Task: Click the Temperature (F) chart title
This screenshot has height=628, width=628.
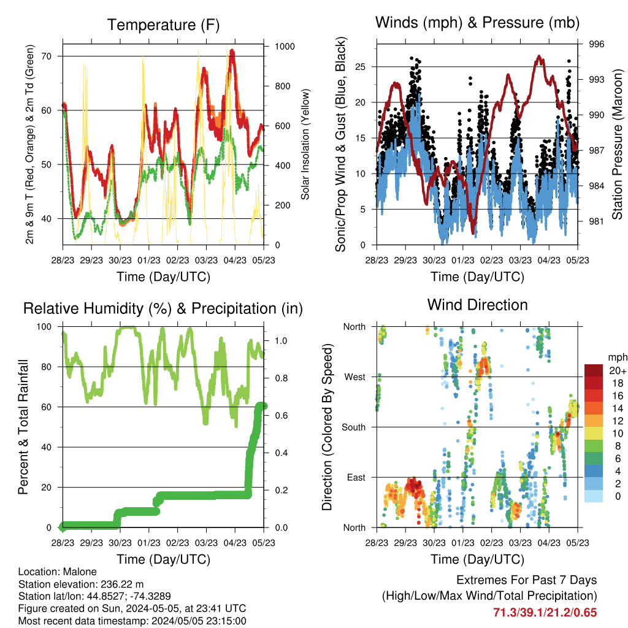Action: click(x=163, y=25)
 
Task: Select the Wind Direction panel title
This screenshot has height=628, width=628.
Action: click(x=477, y=305)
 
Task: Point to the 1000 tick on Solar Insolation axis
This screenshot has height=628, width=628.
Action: click(x=285, y=47)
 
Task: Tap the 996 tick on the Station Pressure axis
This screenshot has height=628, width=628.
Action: click(x=596, y=44)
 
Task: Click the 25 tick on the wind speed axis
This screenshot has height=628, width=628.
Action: click(x=361, y=66)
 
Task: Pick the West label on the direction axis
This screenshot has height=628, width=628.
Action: click(x=355, y=377)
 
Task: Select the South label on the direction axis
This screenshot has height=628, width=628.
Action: click(x=354, y=427)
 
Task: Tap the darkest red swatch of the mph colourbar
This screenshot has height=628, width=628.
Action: click(x=594, y=370)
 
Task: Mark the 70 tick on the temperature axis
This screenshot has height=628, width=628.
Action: click(x=47, y=56)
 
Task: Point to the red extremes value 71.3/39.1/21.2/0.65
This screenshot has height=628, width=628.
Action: click(x=545, y=613)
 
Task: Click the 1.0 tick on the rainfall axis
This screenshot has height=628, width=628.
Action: click(x=281, y=341)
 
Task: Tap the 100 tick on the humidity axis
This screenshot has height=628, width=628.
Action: click(x=44, y=327)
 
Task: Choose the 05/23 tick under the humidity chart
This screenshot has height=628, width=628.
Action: click(x=264, y=543)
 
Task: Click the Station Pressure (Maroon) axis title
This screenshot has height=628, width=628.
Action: click(x=617, y=144)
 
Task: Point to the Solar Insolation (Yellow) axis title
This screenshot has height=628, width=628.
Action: click(x=305, y=144)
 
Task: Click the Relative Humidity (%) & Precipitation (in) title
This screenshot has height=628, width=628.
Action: click(x=163, y=308)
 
